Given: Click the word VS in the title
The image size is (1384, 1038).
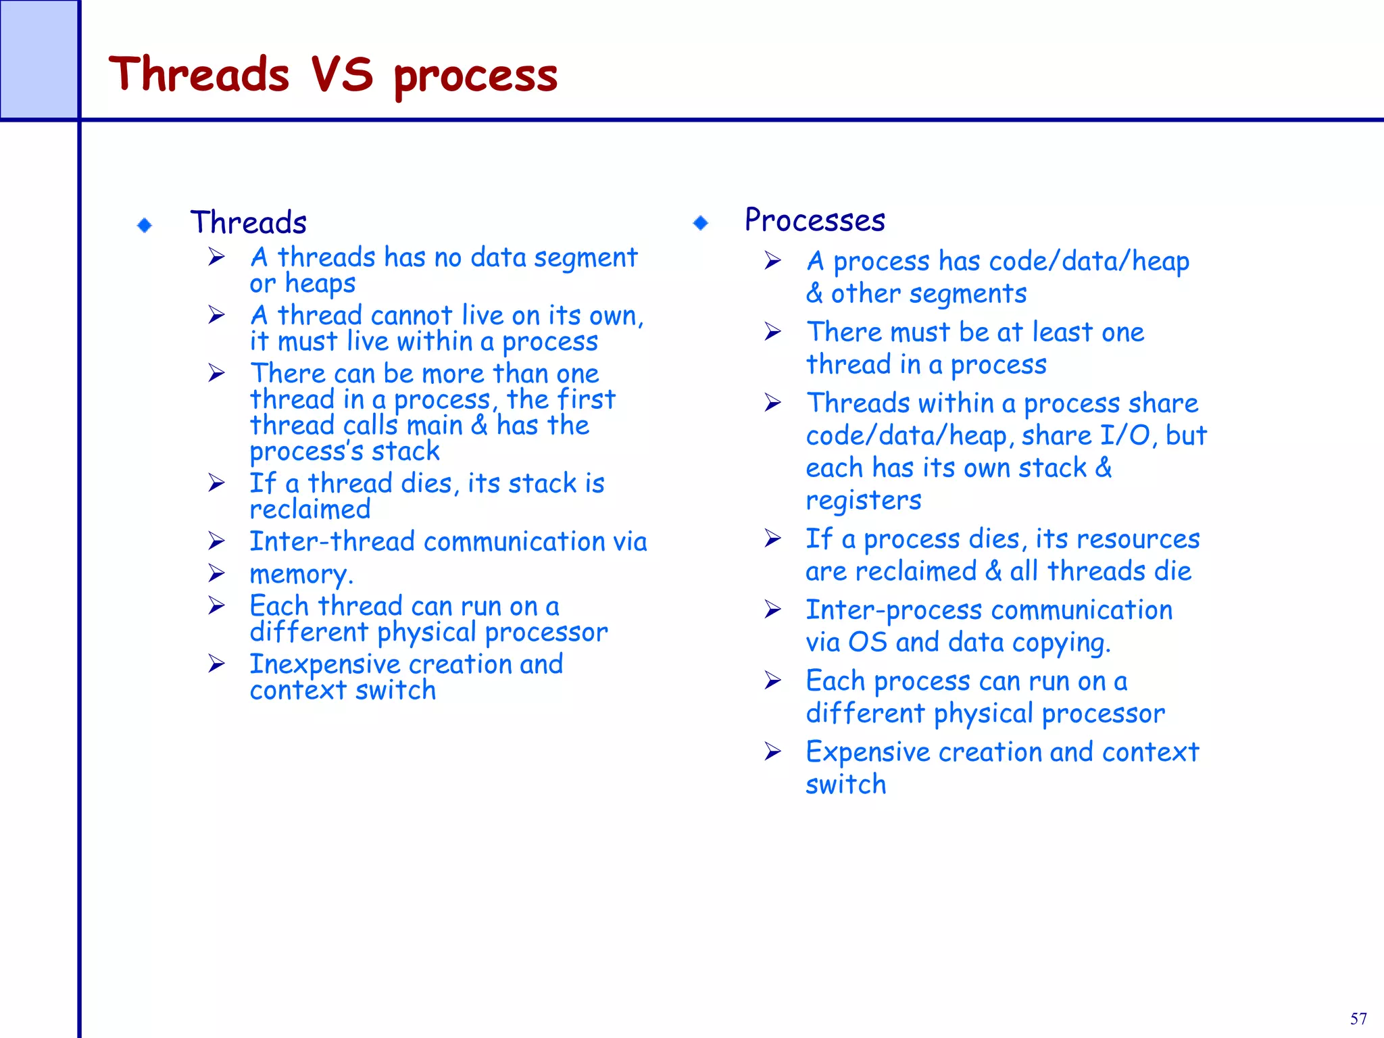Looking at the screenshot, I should coord(342,74).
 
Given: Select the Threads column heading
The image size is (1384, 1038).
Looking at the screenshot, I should coord(249,222).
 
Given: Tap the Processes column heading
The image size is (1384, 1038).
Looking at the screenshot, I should coord(815,220).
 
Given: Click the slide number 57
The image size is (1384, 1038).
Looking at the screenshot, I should coord(1358,1019).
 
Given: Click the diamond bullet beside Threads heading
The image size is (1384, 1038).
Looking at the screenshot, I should coord(145,225).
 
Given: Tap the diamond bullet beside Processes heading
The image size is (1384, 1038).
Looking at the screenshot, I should coord(701,222).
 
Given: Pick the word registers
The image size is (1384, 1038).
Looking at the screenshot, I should coord(863,501).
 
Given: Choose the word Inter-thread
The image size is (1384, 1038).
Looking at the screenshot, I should coord(332,542).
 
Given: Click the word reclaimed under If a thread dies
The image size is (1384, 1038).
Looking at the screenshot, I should coord(310,510).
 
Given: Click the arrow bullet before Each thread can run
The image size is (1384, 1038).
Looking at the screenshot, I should coord(216,605).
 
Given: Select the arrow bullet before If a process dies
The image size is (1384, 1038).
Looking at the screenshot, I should coord(772,539).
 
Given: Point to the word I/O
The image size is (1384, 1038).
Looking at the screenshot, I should coord(1125,436).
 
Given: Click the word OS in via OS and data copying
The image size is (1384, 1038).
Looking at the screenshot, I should coord(867,643).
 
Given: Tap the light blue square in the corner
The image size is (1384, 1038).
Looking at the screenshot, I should coord(39,59).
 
